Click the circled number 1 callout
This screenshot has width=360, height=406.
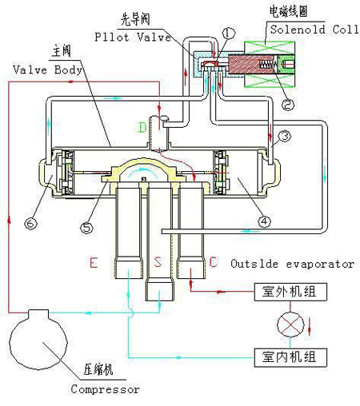click(x=229, y=34)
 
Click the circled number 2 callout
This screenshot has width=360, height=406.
click(x=288, y=104)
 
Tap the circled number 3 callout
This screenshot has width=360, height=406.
click(x=284, y=136)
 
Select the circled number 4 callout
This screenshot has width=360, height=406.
click(x=264, y=221)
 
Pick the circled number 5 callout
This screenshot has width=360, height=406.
click(x=87, y=228)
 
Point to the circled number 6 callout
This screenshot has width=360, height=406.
click(x=31, y=223)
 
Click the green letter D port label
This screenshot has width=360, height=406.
click(x=142, y=127)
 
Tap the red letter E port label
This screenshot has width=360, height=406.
click(x=94, y=262)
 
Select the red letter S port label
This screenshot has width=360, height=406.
click(x=158, y=262)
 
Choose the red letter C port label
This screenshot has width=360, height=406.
click(x=213, y=262)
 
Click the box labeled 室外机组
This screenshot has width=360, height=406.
click(x=290, y=292)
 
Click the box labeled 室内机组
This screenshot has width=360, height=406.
click(x=290, y=357)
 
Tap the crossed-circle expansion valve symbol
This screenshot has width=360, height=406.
click(x=290, y=324)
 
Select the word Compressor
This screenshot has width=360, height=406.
click(x=105, y=389)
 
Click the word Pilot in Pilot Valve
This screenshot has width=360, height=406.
click(x=112, y=37)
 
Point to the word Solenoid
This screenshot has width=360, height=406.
click(x=298, y=30)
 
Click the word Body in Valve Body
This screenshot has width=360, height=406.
click(x=69, y=70)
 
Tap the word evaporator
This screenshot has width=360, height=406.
click(x=320, y=264)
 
